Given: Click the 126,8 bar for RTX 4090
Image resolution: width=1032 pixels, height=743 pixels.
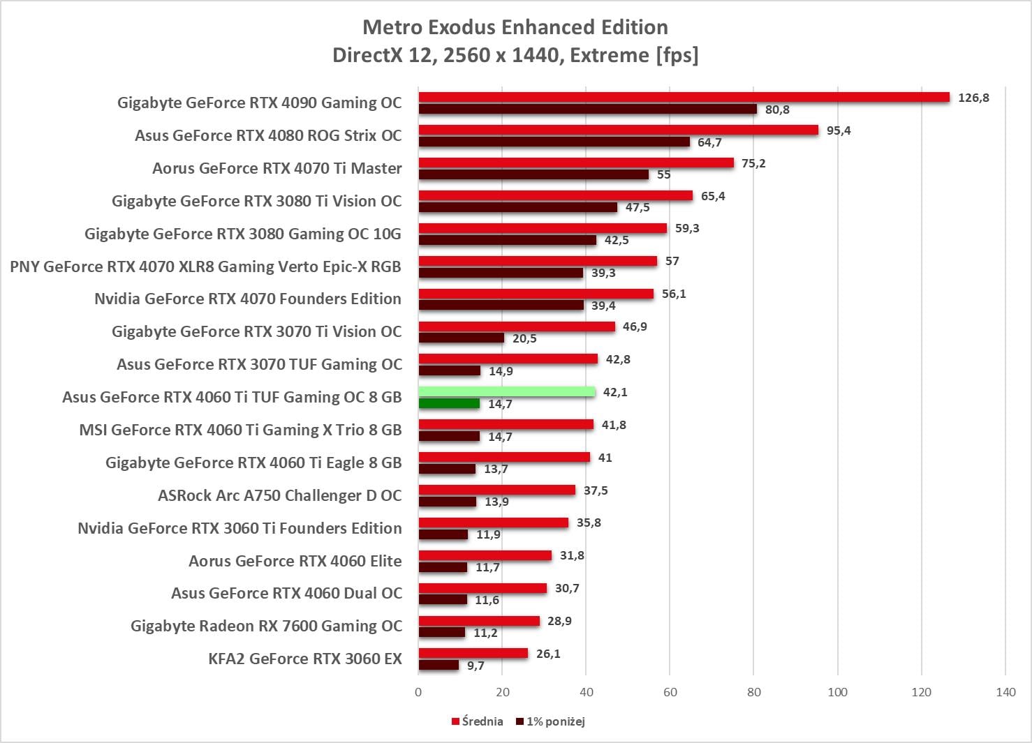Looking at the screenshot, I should pyautogui.click(x=684, y=98).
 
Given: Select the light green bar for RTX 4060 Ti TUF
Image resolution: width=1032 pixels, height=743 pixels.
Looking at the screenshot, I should pyautogui.click(x=507, y=392).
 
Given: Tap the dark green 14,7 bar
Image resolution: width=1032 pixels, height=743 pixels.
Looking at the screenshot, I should pyautogui.click(x=449, y=403).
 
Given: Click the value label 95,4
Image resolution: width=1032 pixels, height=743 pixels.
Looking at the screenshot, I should pyautogui.click(x=839, y=130).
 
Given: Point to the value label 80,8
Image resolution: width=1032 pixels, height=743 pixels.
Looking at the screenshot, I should pyautogui.click(x=777, y=110).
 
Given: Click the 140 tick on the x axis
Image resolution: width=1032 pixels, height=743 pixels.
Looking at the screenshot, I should pyautogui.click(x=1005, y=692).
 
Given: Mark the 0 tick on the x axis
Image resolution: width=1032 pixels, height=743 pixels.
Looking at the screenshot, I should pyautogui.click(x=418, y=692).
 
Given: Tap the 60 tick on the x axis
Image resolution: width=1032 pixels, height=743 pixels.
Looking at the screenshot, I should pyautogui.click(x=670, y=692).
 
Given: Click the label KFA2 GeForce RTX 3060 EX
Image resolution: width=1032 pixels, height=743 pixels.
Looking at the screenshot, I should pyautogui.click(x=305, y=659).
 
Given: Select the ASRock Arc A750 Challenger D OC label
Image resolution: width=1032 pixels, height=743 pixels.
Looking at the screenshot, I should pyautogui.click(x=280, y=495).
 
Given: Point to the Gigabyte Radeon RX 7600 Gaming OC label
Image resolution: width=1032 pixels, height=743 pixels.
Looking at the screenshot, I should pyautogui.click(x=266, y=626).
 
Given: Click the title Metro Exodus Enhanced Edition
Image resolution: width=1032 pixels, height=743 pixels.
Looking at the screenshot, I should pyautogui.click(x=515, y=27).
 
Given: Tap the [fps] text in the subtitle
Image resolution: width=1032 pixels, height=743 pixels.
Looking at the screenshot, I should pyautogui.click(x=677, y=55).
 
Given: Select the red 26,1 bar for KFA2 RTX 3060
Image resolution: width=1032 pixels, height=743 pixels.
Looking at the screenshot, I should pyautogui.click(x=473, y=654).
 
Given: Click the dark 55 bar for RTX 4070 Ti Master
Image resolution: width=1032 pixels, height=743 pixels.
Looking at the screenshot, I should pyautogui.click(x=533, y=174).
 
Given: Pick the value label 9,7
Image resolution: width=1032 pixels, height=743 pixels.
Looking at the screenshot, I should pyautogui.click(x=476, y=666).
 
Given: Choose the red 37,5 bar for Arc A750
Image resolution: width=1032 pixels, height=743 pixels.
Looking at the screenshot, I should pyautogui.click(x=497, y=490).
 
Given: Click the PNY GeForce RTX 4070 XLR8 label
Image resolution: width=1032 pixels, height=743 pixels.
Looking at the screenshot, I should pyautogui.click(x=205, y=267).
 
